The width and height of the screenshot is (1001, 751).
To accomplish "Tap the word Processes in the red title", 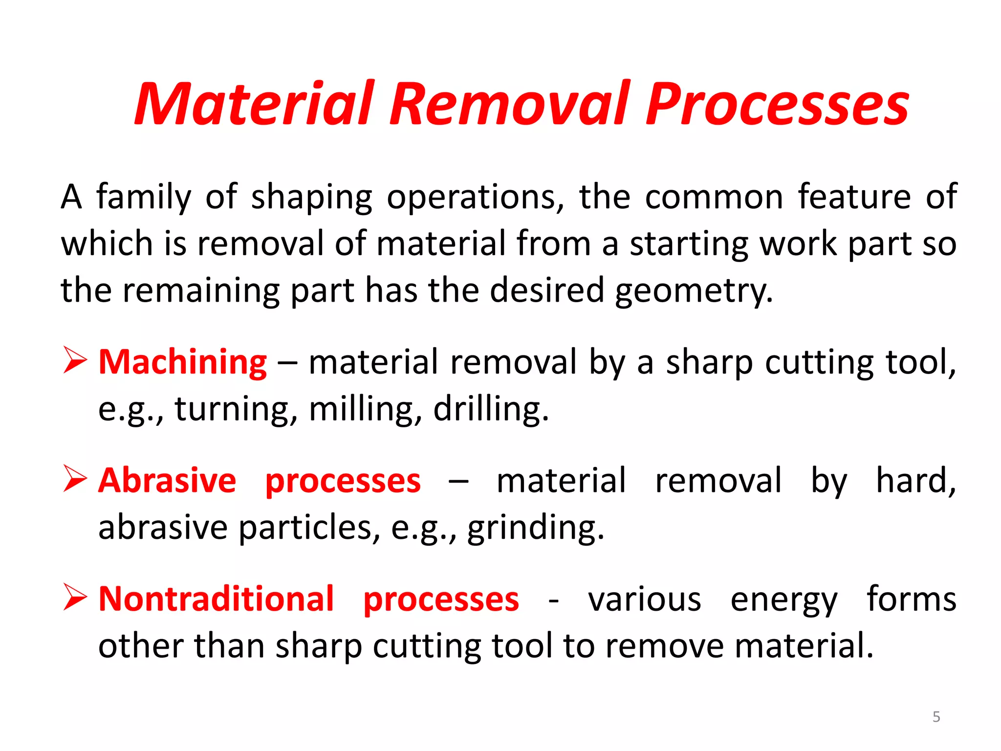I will (x=777, y=104).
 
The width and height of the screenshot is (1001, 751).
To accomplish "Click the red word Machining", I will (x=183, y=362).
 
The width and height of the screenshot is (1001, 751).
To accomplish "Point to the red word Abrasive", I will (x=167, y=481).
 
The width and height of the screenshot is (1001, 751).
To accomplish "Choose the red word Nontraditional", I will (x=216, y=599).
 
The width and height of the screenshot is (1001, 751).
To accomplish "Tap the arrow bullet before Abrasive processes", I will (x=75, y=479).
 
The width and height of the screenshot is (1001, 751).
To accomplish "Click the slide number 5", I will (x=936, y=717).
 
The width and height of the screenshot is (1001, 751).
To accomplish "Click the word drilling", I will (x=491, y=409).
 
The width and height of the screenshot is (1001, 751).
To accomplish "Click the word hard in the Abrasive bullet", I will (x=915, y=481).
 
